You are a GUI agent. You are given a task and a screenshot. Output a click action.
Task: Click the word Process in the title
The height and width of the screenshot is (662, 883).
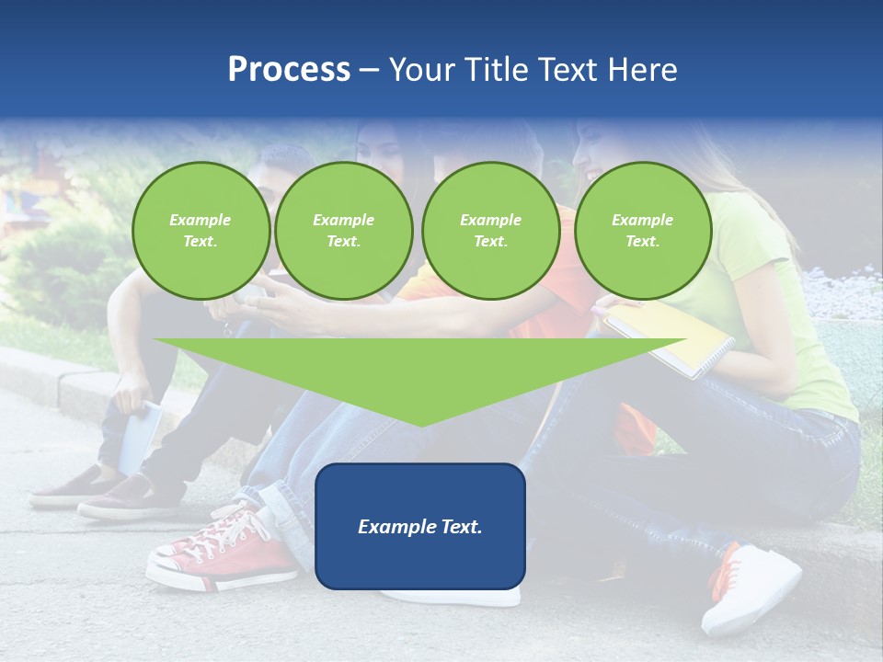289,70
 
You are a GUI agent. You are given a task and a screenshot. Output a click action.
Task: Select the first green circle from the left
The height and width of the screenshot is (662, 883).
201,231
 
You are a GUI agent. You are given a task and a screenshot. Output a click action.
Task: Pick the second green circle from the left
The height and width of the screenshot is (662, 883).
343,231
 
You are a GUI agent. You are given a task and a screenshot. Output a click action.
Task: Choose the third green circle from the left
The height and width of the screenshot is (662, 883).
490,231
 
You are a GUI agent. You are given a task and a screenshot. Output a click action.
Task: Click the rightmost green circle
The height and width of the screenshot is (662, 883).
642,231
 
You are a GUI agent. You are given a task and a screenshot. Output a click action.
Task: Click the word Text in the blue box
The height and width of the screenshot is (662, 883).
457,527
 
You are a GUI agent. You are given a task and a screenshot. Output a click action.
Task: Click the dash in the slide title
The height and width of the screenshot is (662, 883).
369,71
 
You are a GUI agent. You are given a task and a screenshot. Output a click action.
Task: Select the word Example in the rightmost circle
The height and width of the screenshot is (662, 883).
642,220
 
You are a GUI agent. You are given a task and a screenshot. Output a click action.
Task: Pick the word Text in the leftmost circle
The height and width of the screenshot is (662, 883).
201,242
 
